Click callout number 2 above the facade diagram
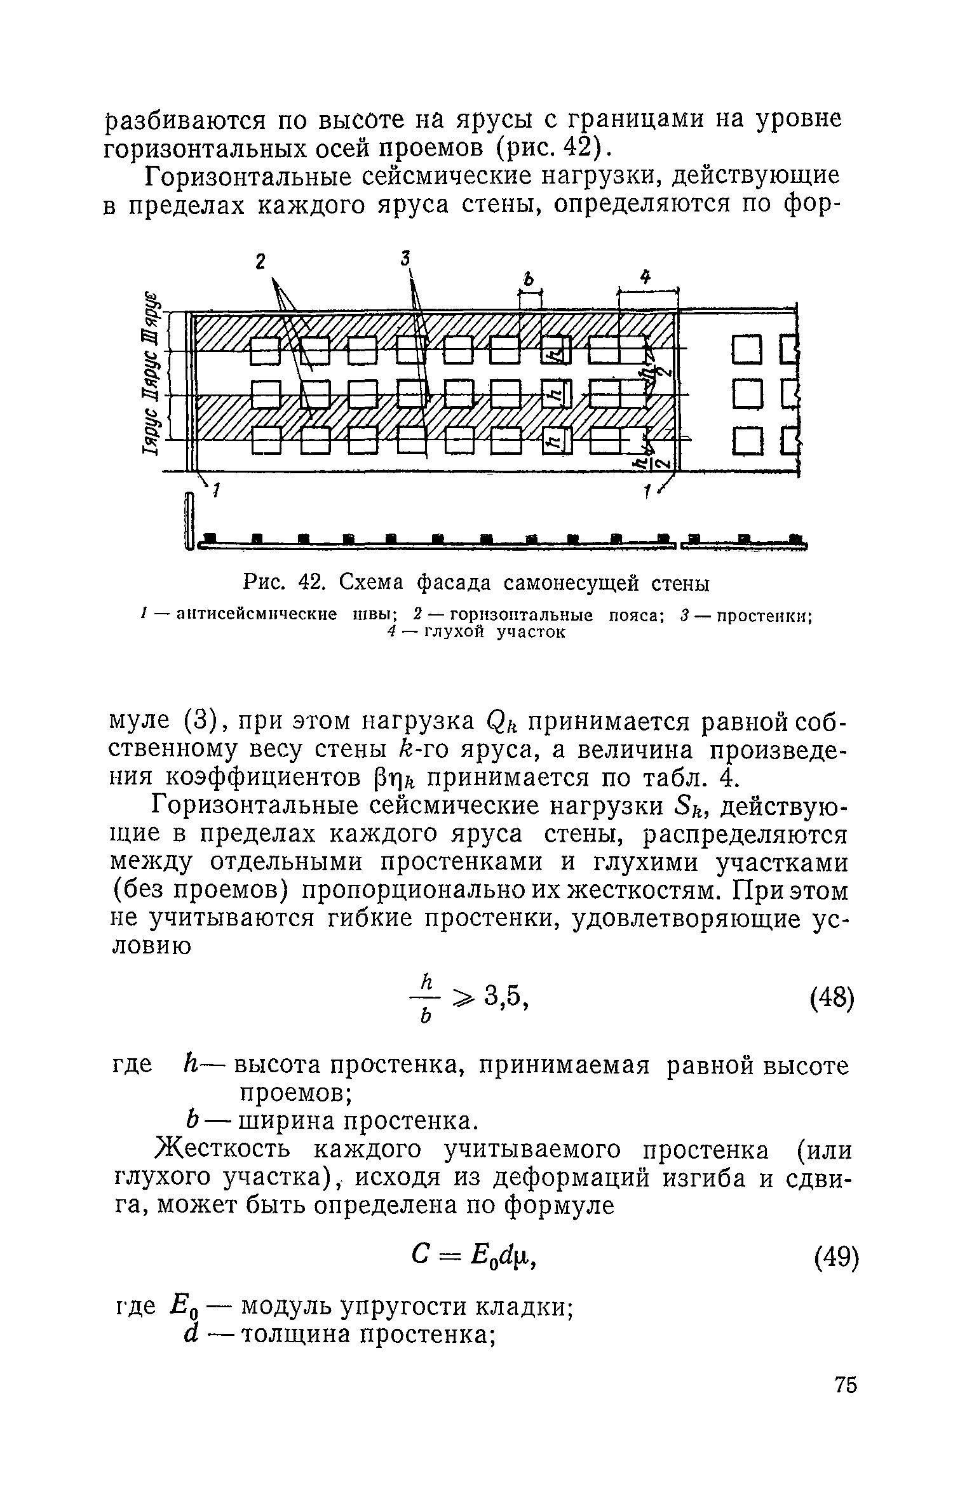pos(260,262)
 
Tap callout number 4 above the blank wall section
pos(645,277)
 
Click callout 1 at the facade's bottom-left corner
pos(216,490)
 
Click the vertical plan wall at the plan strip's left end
pos(188,520)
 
